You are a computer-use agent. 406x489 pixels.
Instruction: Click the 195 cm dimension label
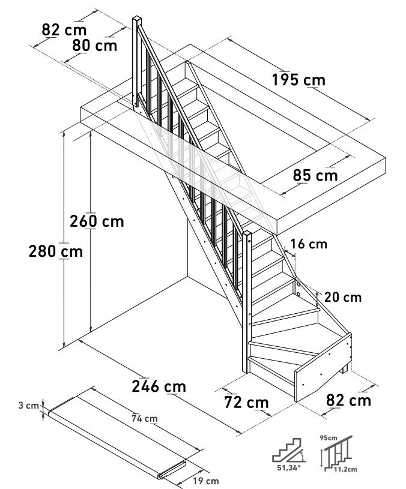[298, 80]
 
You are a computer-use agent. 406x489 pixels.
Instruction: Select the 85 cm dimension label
[315, 176]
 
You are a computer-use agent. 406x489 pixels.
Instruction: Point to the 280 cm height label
[56, 251]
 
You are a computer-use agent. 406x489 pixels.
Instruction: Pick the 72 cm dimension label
[243, 402]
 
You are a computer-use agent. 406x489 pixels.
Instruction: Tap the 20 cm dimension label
[342, 297]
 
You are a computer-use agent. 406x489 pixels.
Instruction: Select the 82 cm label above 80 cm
[64, 29]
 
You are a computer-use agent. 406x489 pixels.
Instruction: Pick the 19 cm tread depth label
[205, 481]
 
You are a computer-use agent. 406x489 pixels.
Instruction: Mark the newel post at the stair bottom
[247, 300]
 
